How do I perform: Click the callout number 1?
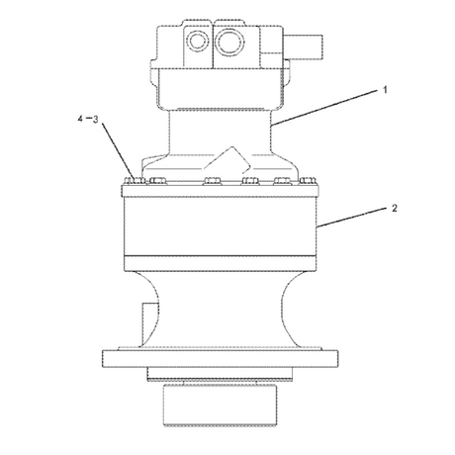[x=385, y=89]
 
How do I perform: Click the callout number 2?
[x=395, y=208]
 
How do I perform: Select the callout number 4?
[x=80, y=119]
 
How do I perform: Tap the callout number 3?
[x=96, y=119]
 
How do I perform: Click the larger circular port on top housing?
[x=229, y=42]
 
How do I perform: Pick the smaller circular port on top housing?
[x=198, y=41]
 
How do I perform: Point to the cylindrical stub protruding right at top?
[x=303, y=48]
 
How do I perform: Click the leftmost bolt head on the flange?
[x=135, y=181]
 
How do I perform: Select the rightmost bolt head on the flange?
[x=308, y=181]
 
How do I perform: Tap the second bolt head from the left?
[x=158, y=181]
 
